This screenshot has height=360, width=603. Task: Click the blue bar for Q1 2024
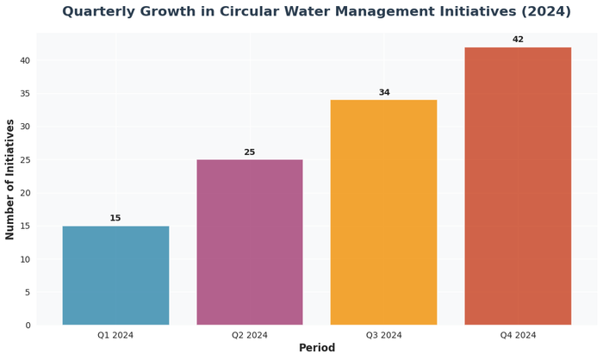pyautogui.click(x=115, y=276)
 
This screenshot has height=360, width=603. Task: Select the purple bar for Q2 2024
pyautogui.click(x=250, y=242)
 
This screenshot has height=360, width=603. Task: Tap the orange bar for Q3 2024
pyautogui.click(x=383, y=213)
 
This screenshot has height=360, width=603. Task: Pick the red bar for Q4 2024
pyautogui.click(x=518, y=186)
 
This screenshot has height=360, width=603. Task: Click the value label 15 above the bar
pyautogui.click(x=115, y=219)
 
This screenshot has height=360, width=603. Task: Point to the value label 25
pyautogui.click(x=250, y=152)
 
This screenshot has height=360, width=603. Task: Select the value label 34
pyautogui.click(x=383, y=93)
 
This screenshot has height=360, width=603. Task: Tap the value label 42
pyautogui.click(x=518, y=40)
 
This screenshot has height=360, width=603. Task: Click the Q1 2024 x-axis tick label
pyautogui.click(x=115, y=336)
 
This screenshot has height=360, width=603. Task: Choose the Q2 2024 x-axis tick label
pyautogui.click(x=250, y=336)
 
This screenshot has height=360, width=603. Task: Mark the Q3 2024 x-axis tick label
pyautogui.click(x=383, y=336)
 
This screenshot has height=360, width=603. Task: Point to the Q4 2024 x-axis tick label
pyautogui.click(x=518, y=336)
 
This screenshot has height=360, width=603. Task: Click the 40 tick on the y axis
pyautogui.click(x=24, y=60)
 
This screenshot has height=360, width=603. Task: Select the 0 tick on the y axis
pyautogui.click(x=28, y=326)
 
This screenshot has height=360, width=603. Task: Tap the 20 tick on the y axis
pyautogui.click(x=24, y=193)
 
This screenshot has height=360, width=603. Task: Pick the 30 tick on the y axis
pyautogui.click(x=24, y=127)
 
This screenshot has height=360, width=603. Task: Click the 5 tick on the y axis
pyautogui.click(x=28, y=293)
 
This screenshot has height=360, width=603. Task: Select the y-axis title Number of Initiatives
pyautogui.click(x=10, y=179)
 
